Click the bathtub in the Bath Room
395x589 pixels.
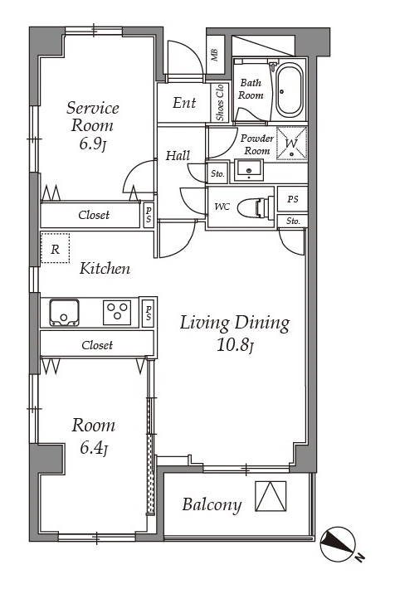coord(289,90)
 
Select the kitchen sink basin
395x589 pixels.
coord(64,312)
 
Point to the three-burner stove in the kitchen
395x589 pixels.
coord(117,312)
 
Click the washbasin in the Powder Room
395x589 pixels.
coord(248,170)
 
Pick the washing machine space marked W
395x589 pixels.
coord(291,144)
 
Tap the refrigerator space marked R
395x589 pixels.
coord(56,248)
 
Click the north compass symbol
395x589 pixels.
coord(338,544)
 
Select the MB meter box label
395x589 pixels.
coord(215,55)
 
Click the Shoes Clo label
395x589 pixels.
coord(220,103)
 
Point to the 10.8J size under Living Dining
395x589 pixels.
coord(236,346)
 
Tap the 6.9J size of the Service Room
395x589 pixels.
coord(93,144)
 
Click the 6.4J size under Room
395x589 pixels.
coord(94,448)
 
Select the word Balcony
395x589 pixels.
coord(212,504)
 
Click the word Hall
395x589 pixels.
coord(178,155)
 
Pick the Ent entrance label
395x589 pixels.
coord(184,103)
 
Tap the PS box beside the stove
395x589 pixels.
coord(149,314)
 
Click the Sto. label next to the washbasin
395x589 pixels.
coord(217,174)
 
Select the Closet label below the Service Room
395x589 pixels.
coord(94,215)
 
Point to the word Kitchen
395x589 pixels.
coord(105,269)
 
